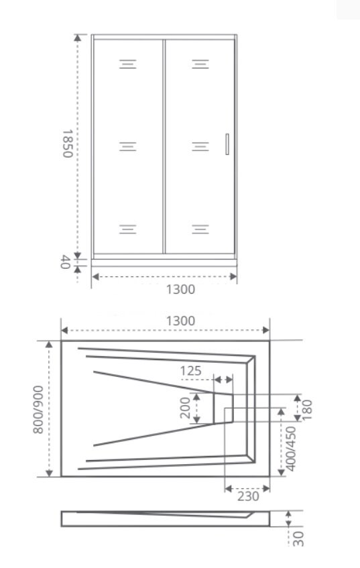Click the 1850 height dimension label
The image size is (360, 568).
(x=68, y=144)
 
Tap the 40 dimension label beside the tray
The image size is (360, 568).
(x=65, y=262)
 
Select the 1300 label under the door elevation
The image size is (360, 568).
(x=180, y=290)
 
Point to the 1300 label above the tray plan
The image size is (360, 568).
(x=180, y=321)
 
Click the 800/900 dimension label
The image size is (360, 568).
(x=38, y=409)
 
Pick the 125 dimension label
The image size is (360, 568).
(x=190, y=371)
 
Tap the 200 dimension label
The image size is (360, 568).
(x=185, y=408)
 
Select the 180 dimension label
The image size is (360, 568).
(x=306, y=409)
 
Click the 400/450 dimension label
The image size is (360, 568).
(x=291, y=449)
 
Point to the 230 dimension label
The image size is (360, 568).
(x=248, y=496)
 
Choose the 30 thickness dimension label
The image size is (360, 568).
(x=298, y=539)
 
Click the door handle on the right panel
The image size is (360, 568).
(x=227, y=144)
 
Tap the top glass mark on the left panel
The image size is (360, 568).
(x=128, y=64)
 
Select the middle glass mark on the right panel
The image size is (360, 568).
(x=200, y=146)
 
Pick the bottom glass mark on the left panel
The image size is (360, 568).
(x=128, y=229)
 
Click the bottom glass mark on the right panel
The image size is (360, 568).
(x=200, y=229)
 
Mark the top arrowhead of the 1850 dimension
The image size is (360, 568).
(x=78, y=38)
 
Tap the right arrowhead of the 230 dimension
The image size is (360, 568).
(x=266, y=489)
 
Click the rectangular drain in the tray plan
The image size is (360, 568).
(x=223, y=408)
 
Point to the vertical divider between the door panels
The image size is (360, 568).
(x=164, y=146)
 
